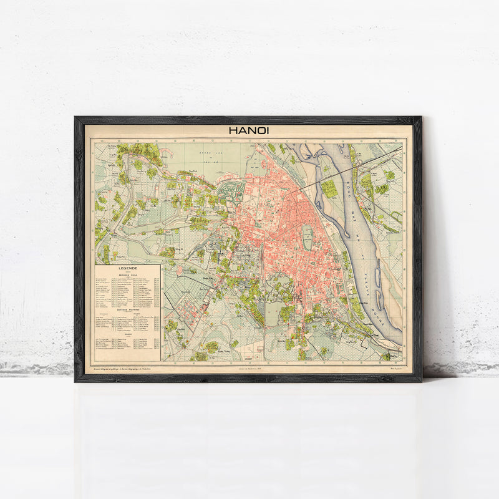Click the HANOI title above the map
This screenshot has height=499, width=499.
point(248,131)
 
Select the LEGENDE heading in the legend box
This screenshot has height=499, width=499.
point(128,270)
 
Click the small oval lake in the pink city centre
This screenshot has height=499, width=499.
point(308,238)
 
